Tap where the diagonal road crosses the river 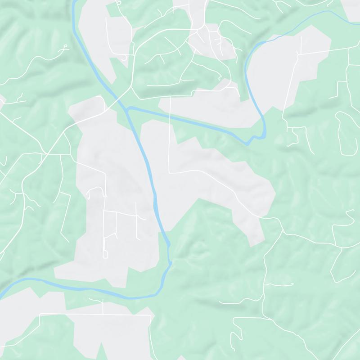tap(118, 100)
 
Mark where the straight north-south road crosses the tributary tap(170, 115)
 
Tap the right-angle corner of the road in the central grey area tap(170, 172)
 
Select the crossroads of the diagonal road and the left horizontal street tap(46, 154)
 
